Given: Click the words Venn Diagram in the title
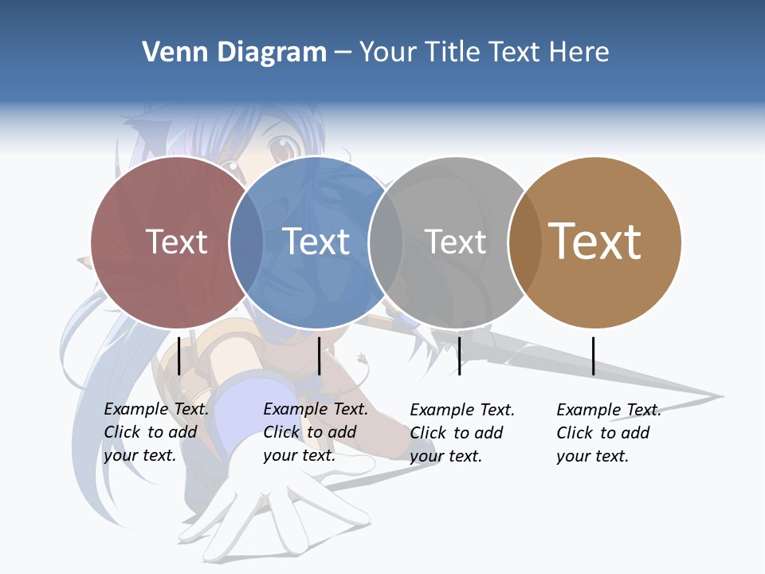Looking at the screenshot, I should click(233, 53).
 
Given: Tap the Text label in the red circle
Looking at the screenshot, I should click(176, 242).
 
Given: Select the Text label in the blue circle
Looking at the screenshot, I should click(316, 242).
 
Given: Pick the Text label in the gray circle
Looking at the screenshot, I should click(455, 242).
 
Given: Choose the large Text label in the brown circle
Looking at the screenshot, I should click(594, 242).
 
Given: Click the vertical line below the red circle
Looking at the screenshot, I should click(179, 356).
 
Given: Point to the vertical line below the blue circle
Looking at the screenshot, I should click(319, 356).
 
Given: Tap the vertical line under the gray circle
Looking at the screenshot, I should click(459, 356).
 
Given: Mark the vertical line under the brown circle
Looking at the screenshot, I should click(593, 356).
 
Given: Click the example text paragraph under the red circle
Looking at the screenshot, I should click(155, 432).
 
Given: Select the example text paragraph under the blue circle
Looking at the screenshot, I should click(315, 432).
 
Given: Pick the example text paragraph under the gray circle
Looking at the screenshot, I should click(461, 433).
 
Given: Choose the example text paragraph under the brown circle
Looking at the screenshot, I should click(608, 433).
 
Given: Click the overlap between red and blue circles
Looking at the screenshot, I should click(246, 242).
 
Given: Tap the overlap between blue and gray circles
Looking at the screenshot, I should click(386, 242).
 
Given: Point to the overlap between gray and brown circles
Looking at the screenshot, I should click(525, 242).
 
